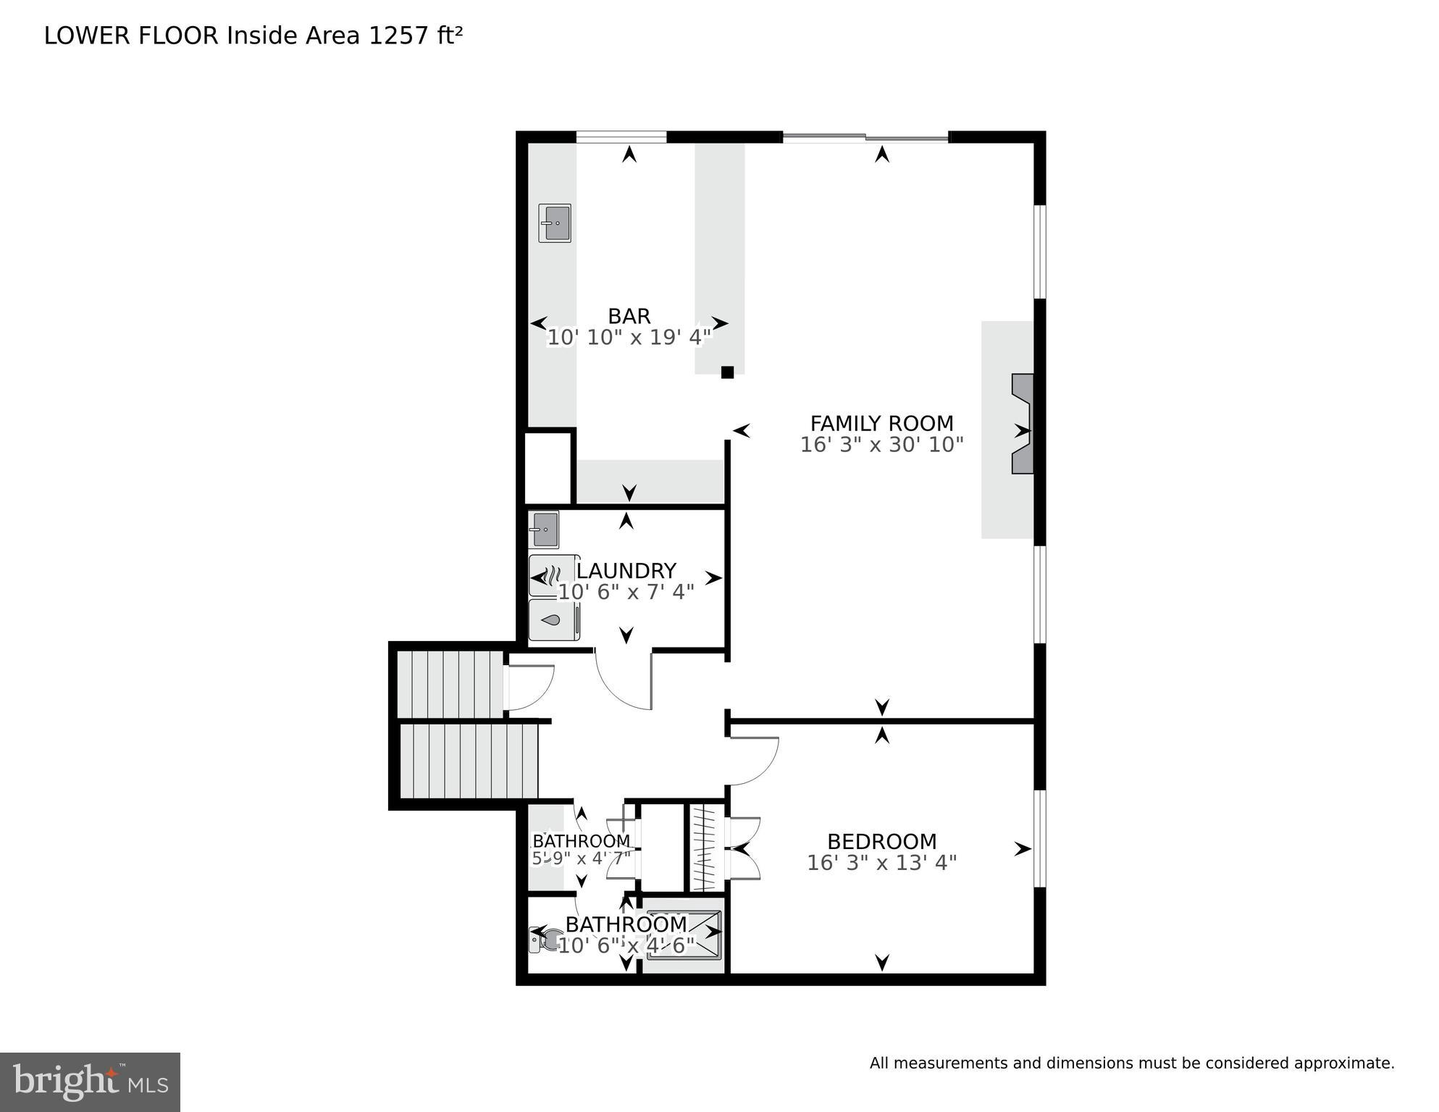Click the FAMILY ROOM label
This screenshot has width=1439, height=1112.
tap(881, 423)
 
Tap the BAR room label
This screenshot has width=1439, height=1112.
tap(629, 316)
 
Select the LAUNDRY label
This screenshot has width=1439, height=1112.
tap(626, 571)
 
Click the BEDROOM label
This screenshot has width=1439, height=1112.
tap(881, 842)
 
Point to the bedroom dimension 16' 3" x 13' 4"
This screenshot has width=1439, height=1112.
tap(881, 863)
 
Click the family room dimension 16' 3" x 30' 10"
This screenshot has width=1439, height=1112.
tap(881, 445)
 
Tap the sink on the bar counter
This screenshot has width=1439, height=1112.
tap(555, 223)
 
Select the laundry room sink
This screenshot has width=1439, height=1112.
tap(544, 530)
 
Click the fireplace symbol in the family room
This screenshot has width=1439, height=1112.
tap(1022, 424)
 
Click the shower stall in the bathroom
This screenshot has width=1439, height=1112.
tap(684, 935)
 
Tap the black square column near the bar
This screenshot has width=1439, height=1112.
tap(727, 372)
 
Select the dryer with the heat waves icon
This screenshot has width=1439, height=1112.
tap(552, 576)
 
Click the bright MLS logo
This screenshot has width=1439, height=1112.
tap(90, 1082)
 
